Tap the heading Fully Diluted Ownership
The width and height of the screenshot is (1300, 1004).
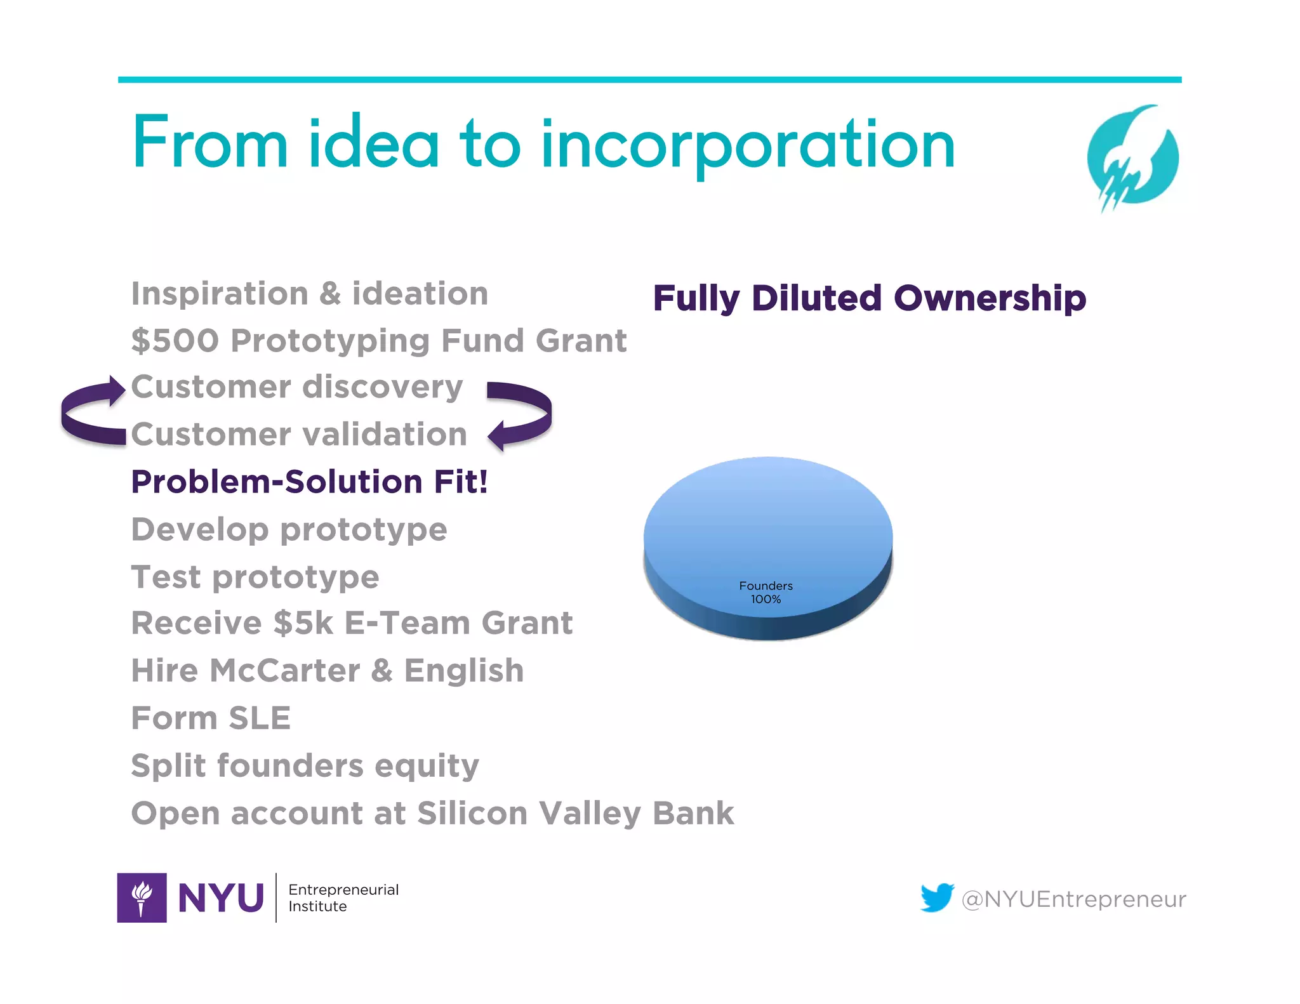(869, 298)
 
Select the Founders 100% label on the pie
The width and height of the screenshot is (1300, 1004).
(766, 592)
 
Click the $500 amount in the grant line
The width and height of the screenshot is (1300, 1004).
(175, 341)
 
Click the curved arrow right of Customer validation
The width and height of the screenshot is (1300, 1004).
(521, 416)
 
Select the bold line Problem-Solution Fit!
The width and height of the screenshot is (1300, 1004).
(309, 482)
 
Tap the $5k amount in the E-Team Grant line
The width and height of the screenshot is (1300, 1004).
(303, 623)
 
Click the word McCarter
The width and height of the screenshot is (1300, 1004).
(284, 671)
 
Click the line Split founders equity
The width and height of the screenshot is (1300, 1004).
(305, 766)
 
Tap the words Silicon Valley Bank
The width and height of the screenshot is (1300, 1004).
(574, 814)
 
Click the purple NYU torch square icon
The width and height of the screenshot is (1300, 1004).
(142, 897)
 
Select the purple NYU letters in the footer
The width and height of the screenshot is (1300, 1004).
(220, 898)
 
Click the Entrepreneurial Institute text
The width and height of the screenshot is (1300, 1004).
(343, 897)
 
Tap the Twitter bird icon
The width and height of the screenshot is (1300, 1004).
(937, 897)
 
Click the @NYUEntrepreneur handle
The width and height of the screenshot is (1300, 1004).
(1073, 899)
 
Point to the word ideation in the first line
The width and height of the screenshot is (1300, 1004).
(420, 294)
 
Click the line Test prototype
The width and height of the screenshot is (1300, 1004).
(255, 577)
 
